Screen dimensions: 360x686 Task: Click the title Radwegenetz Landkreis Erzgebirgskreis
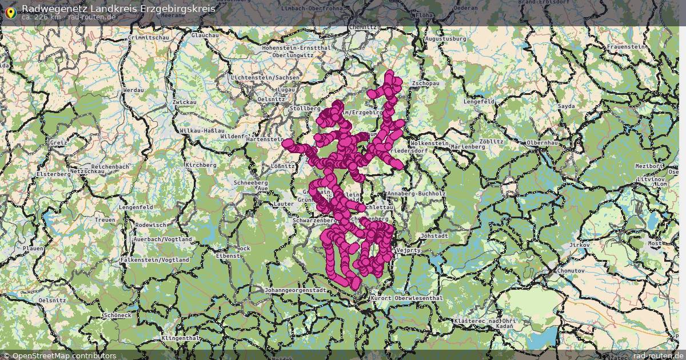(118, 9)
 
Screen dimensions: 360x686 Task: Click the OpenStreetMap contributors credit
(64, 355)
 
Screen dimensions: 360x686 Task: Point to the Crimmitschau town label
(149, 38)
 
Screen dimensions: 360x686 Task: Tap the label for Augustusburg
(446, 39)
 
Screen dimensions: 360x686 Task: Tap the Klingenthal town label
(181, 338)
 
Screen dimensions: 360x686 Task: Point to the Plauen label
(33, 249)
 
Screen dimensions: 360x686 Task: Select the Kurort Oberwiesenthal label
(406, 298)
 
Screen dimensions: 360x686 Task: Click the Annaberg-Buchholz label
(416, 194)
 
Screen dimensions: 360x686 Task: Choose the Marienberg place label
(468, 147)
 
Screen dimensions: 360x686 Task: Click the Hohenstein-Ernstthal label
(296, 48)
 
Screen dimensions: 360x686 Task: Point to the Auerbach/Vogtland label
(163, 239)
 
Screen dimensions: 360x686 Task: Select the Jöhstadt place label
(433, 235)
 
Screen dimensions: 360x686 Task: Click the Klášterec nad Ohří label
(485, 321)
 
